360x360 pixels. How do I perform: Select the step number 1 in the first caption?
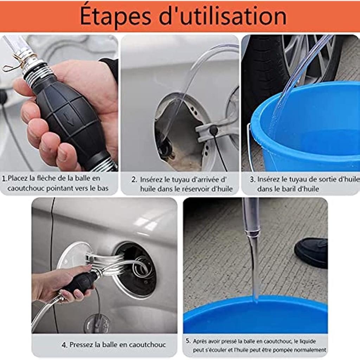(4, 178)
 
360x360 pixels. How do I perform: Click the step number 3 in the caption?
(252, 180)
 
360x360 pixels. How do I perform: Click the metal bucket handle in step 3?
(250, 147)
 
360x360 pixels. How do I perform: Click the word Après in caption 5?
(200, 341)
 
